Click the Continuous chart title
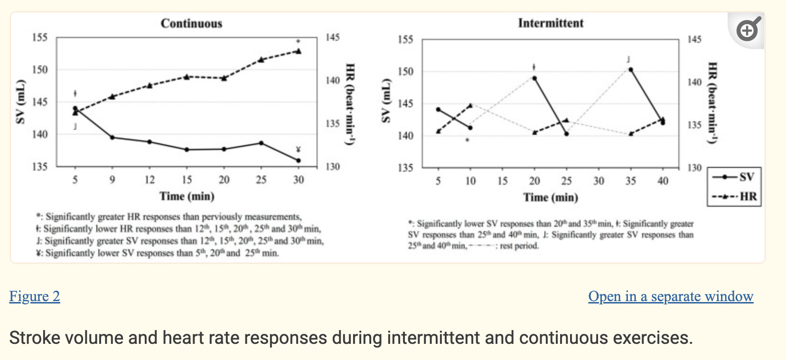pyautogui.click(x=191, y=23)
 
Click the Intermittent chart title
pyautogui.click(x=551, y=23)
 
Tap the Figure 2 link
pyautogui.click(x=35, y=296)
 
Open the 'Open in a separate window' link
pyautogui.click(x=670, y=296)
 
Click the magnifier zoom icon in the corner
pyautogui.click(x=748, y=30)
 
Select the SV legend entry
pyautogui.click(x=734, y=177)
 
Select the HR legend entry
pyautogui.click(x=734, y=196)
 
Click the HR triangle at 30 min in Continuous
pyautogui.click(x=299, y=51)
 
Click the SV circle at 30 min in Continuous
pyautogui.click(x=299, y=161)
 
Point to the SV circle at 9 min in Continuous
pyautogui.click(x=112, y=137)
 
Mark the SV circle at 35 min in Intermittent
pyautogui.click(x=631, y=69)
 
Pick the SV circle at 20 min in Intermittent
pyautogui.click(x=534, y=78)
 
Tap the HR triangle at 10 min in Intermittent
pyautogui.click(x=470, y=105)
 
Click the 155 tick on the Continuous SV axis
pyautogui.click(x=40, y=37)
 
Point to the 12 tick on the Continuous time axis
pyautogui.click(x=150, y=180)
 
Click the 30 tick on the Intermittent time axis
pyautogui.click(x=599, y=181)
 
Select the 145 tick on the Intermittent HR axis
pyautogui.click(x=694, y=39)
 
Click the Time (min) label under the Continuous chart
pyautogui.click(x=187, y=196)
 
